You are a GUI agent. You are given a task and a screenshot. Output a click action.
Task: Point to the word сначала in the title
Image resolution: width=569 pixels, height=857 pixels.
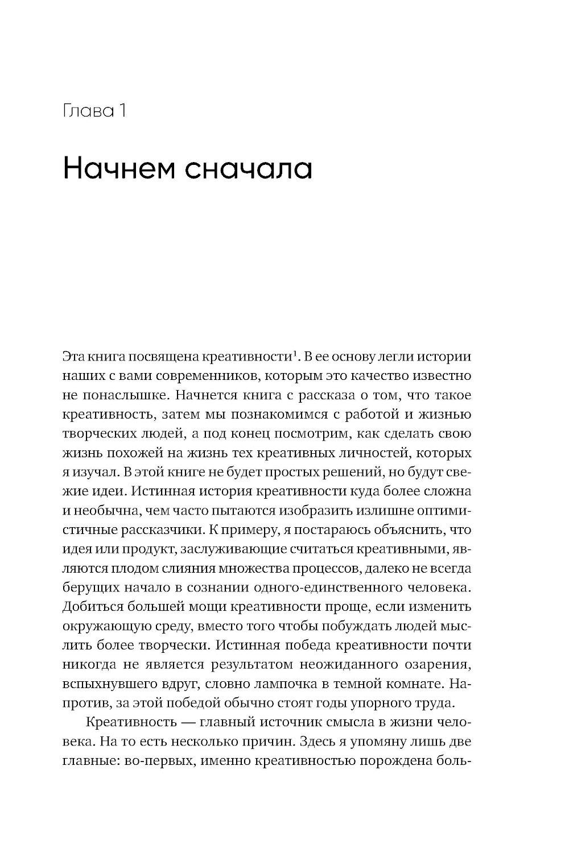[250, 169]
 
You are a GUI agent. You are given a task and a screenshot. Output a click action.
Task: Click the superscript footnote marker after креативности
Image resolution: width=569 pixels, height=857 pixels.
[295, 355]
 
